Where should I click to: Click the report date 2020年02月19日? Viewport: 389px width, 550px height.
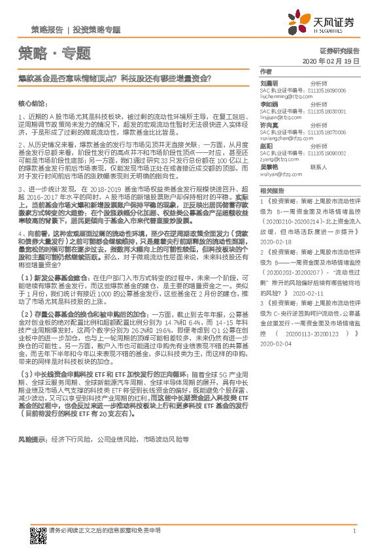coord(333,61)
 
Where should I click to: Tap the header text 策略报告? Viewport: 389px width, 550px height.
coord(47,30)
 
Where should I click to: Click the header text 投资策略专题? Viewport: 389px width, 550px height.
coord(97,30)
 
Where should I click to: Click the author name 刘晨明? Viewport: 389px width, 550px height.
coord(269,84)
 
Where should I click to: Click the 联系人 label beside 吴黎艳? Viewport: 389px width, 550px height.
coord(318,167)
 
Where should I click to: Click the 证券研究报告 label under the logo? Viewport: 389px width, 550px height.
coord(339,50)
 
